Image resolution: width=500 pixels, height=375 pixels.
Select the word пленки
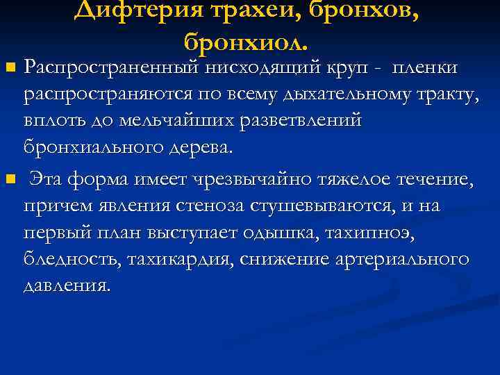click(425, 67)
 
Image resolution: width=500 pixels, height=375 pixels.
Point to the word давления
click(67, 285)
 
